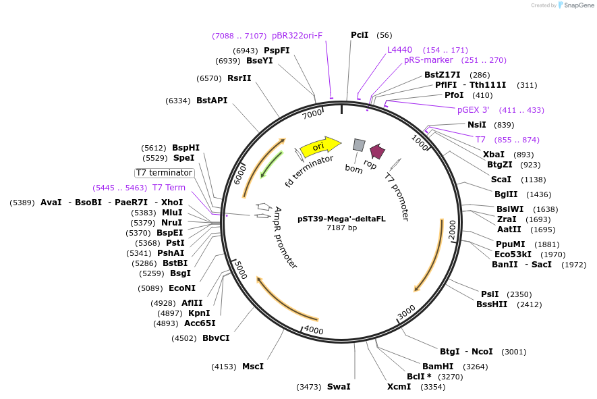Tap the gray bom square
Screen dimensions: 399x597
(359, 145)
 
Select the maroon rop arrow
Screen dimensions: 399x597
(377, 152)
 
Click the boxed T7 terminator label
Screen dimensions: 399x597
(165, 173)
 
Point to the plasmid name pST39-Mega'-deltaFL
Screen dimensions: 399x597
(341, 218)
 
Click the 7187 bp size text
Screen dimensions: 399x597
(341, 228)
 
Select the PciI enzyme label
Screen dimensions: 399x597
(360, 35)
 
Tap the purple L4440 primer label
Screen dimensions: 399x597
(399, 50)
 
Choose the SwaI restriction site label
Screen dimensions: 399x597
(339, 387)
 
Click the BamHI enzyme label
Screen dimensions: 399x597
(438, 366)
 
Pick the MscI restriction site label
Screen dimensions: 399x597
(252, 367)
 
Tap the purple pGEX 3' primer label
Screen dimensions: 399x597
(473, 110)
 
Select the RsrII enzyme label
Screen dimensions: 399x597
(239, 78)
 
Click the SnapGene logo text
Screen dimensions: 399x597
(578, 5)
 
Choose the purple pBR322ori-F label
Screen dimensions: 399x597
(297, 36)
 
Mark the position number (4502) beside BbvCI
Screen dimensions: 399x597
(184, 338)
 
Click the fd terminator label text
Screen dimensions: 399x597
(309, 171)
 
